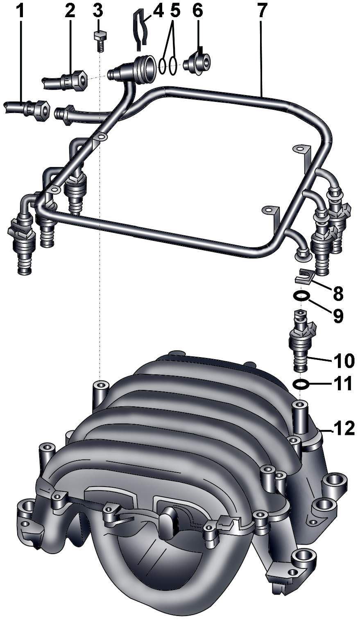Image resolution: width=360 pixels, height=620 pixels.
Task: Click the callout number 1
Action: (x=21, y=11)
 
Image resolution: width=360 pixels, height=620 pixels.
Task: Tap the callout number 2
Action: (x=70, y=11)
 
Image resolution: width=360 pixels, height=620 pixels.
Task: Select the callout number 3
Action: (x=98, y=11)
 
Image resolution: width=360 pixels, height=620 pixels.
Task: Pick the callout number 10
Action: (x=344, y=361)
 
